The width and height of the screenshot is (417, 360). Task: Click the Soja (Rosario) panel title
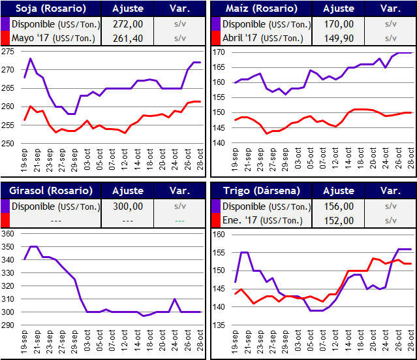[x=39, y=8]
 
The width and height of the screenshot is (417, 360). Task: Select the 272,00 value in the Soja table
[x=127, y=24]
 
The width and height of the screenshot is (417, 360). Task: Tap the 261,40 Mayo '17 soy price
[x=127, y=38]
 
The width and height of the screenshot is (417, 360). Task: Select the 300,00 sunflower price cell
[x=127, y=206]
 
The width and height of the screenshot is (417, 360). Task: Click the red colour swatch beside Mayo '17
[x=5, y=38]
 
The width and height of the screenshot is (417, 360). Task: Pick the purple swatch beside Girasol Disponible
[x=5, y=206]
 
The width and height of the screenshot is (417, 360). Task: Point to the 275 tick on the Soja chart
[x=8, y=51]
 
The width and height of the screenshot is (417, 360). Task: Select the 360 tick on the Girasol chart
[x=8, y=233]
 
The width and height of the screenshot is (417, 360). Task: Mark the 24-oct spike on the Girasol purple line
[x=174, y=299]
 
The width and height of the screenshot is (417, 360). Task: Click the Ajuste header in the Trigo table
[x=339, y=190]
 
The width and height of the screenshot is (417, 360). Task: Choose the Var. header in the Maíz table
[x=390, y=8]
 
